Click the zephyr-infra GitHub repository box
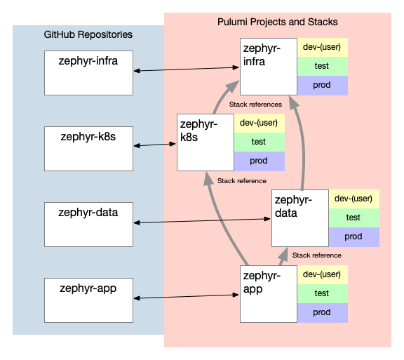pyautogui.click(x=88, y=73)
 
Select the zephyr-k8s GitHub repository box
pyautogui.click(x=88, y=149)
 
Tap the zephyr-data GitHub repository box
pyautogui.click(x=88, y=225)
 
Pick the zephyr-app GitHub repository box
pyautogui.click(x=88, y=300)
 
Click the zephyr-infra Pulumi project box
pyautogui.click(x=269, y=67)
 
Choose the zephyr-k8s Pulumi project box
pyautogui.click(x=206, y=142)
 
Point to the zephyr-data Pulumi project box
pyautogui.click(x=300, y=218)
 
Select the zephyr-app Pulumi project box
pyautogui.click(x=269, y=294)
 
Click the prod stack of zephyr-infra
pyautogui.click(x=323, y=86)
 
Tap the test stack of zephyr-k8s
pyautogui.click(x=260, y=142)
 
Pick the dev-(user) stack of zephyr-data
pyautogui.click(x=354, y=199)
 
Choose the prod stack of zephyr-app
pyautogui.click(x=323, y=313)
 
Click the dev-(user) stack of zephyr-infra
pyautogui.click(x=323, y=48)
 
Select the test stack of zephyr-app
pyautogui.click(x=323, y=294)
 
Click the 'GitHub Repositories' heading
pyautogui.click(x=88, y=34)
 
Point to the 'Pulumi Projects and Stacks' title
pyautogui.click(x=278, y=22)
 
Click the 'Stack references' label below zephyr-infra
pyautogui.click(x=255, y=105)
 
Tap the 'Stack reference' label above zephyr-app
pyautogui.click(x=317, y=255)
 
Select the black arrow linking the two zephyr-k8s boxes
pyautogui.click(x=155, y=145)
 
